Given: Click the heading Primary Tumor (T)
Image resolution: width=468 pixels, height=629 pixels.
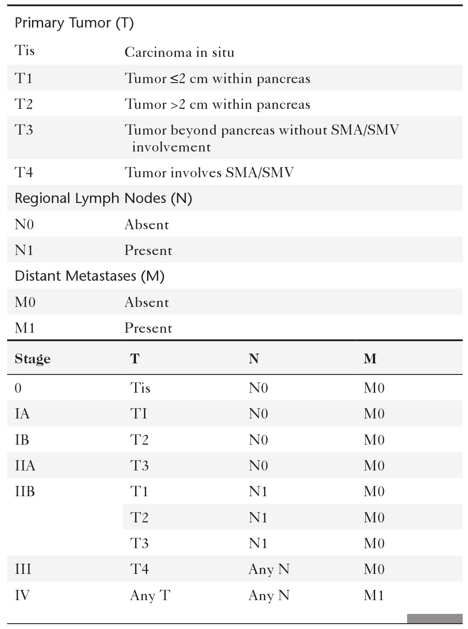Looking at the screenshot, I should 74,23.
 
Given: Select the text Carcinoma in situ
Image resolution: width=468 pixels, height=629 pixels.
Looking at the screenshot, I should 179,52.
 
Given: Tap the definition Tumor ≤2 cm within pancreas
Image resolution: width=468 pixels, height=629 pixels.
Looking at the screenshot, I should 217,79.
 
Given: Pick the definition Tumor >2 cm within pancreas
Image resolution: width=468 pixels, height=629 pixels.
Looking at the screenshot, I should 217,104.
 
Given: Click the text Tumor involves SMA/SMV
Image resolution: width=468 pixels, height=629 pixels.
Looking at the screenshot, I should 209,172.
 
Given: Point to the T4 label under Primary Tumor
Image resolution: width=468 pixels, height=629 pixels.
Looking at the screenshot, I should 24,172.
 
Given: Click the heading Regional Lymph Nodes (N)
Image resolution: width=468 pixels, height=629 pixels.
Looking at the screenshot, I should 103,198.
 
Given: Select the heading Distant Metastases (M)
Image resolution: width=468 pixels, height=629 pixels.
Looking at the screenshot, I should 89,276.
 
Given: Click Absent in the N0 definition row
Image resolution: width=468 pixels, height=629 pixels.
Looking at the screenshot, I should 147,225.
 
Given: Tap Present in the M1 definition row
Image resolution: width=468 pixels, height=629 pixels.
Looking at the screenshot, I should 148,328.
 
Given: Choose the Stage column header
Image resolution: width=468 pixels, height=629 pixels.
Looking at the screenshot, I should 32,358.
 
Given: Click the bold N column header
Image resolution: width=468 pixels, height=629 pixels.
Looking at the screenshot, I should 254,358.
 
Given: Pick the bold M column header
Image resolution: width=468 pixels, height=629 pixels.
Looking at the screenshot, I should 370,358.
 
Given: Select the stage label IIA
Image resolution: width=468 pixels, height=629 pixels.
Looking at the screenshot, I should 25,466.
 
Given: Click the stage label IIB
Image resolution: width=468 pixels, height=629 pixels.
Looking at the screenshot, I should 25,491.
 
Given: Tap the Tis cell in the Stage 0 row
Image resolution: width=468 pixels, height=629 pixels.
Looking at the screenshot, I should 140,388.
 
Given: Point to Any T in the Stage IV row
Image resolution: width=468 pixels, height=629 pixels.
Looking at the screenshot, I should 150,595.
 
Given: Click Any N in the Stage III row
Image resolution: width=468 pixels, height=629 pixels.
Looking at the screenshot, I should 269,569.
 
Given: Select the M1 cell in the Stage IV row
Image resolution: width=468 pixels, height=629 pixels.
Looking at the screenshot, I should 374,595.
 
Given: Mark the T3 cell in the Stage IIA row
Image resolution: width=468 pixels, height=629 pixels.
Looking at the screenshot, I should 139,466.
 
